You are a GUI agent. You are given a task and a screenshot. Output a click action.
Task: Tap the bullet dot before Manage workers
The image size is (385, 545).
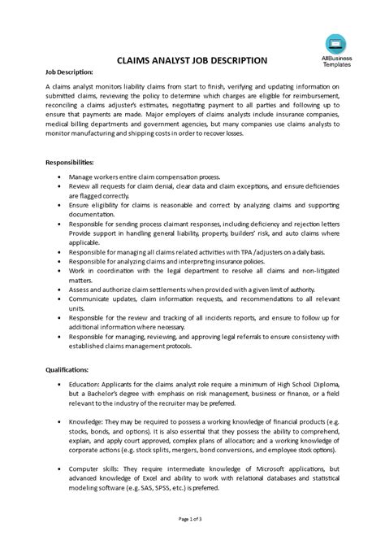click(63, 176)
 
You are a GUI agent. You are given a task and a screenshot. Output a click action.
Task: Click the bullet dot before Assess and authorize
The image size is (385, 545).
click(63, 288)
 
